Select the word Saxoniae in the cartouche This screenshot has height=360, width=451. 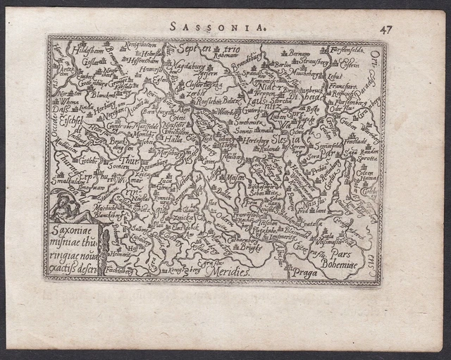tap(71, 228)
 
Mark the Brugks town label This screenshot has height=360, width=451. tap(249, 249)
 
